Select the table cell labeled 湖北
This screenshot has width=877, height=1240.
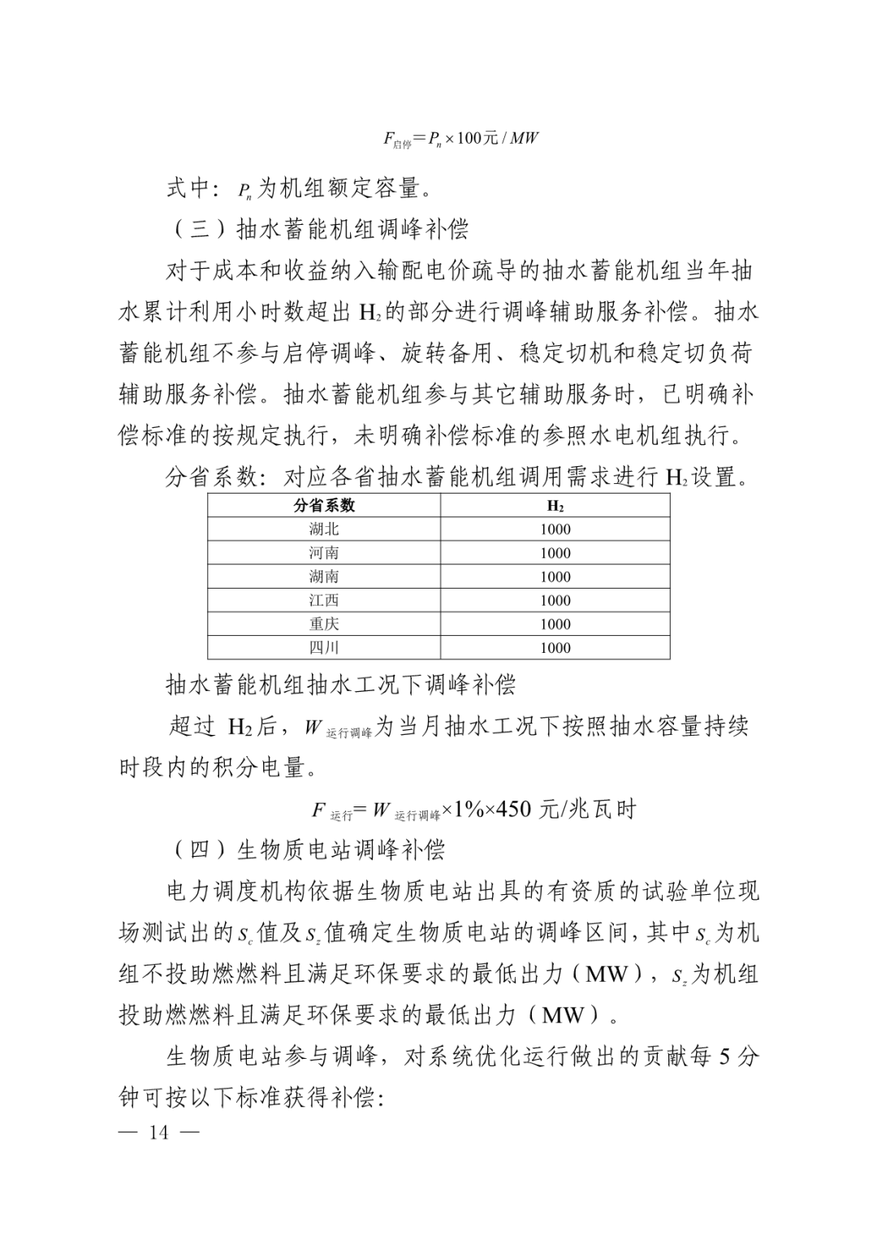(324, 529)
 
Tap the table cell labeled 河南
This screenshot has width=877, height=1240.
(324, 552)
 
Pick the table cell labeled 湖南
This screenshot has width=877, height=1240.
(324, 576)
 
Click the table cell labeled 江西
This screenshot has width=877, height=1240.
(324, 599)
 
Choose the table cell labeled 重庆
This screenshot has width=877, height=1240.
(324, 623)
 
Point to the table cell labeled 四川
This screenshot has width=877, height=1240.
(324, 646)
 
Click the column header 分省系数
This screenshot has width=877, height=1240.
(324, 505)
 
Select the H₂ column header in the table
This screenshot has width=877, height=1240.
(555, 505)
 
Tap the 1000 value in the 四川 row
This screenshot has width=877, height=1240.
(555, 647)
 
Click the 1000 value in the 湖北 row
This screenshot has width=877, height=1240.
(555, 529)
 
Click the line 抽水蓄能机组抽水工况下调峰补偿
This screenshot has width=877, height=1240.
(341, 685)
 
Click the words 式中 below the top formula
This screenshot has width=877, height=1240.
(189, 188)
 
